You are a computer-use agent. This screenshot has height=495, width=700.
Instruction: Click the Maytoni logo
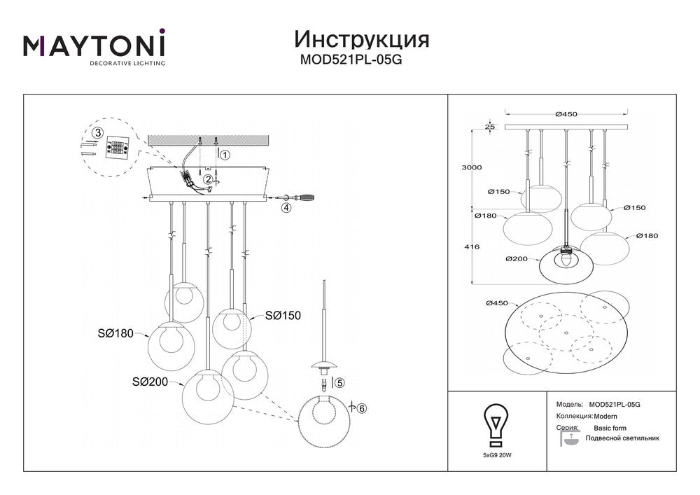(x=94, y=47)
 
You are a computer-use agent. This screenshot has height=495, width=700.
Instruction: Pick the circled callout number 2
(x=208, y=179)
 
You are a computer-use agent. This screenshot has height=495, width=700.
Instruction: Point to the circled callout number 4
(x=285, y=208)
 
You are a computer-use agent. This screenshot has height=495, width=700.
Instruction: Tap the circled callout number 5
(x=339, y=383)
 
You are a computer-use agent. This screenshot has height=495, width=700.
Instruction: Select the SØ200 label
(x=148, y=382)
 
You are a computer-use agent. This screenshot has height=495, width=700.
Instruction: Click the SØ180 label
(x=115, y=333)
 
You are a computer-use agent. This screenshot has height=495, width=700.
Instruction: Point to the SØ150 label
(x=283, y=316)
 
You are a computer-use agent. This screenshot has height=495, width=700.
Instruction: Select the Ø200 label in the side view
(x=515, y=258)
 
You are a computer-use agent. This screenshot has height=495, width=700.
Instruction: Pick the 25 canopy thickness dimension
(x=489, y=127)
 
